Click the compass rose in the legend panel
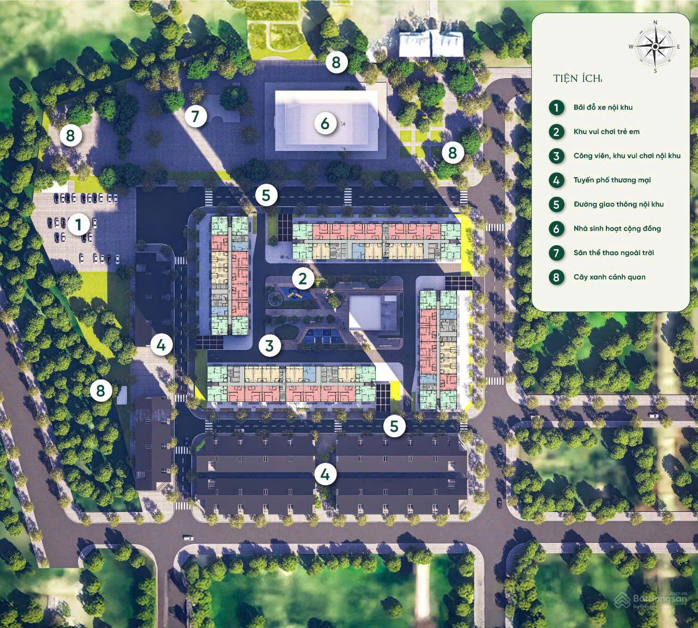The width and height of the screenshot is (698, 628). point(654,46)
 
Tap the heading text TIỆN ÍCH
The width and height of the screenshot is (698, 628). point(577,79)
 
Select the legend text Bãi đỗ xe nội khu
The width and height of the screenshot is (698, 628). point(603,107)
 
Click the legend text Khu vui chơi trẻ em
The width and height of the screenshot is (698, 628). point(606,131)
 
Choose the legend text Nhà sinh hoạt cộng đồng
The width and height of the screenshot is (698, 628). point(617,228)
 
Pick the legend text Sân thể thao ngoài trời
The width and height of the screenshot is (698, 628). point(613,252)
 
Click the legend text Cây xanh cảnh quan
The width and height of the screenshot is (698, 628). point(609,277)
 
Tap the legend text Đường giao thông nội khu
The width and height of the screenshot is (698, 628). point(618,204)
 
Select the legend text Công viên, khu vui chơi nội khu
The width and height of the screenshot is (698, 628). point(627,156)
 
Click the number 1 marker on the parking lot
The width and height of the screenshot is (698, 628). point(79,224)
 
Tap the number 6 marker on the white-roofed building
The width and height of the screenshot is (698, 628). point(325,124)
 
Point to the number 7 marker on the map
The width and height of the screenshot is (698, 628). point(195,116)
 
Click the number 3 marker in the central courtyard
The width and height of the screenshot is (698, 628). point(269,345)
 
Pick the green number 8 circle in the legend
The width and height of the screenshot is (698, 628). point(556,277)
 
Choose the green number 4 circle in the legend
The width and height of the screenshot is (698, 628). point(556,180)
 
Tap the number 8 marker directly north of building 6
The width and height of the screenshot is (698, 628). point(336,63)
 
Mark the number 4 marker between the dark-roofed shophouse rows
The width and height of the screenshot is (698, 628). point(326,474)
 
